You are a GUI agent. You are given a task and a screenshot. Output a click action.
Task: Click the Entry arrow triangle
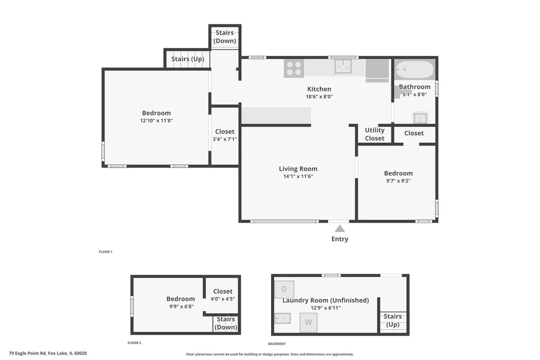tap(340, 228)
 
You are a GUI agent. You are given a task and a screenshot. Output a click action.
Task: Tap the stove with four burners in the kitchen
tap(294, 69)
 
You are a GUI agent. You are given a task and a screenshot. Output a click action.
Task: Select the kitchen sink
tap(343, 66)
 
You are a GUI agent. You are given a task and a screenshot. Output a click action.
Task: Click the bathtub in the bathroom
tap(414, 70)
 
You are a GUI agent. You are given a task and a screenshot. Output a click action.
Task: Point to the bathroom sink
tap(420, 118)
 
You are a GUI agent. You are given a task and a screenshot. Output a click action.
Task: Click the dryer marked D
tap(284, 289)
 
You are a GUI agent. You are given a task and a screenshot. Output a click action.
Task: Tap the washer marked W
tap(308, 322)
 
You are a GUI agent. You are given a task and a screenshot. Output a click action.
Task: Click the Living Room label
tap(298, 169)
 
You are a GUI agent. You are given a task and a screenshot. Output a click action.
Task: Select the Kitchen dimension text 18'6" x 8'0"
tap(319, 97)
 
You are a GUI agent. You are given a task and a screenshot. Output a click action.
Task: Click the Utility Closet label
tap(375, 134)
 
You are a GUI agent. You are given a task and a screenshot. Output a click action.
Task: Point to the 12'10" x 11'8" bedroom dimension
tap(156, 121)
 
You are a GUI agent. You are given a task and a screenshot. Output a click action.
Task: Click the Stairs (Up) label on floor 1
tap(188, 59)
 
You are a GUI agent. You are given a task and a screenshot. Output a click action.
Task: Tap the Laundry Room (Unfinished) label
tap(326, 300)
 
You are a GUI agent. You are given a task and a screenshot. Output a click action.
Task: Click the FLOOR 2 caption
tap(135, 343)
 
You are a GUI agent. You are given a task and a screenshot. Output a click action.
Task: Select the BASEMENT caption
tap(277, 344)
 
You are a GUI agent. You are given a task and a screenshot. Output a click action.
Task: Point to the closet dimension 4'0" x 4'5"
tap(223, 299)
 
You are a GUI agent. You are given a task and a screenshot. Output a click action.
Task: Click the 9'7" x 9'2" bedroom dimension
tap(399, 181)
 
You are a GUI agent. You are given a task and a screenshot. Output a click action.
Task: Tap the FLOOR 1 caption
tap(105, 252)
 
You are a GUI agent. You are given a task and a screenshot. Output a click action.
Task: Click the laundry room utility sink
tap(283, 319)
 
